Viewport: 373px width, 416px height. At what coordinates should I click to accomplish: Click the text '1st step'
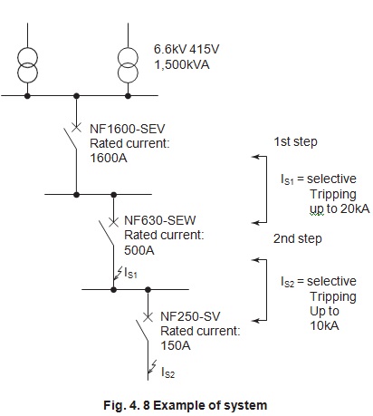[294, 141]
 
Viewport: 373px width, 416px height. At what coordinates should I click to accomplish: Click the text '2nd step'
[294, 239]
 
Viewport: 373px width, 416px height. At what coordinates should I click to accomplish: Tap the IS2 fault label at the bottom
[168, 372]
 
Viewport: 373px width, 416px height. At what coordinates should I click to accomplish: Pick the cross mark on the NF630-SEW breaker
[112, 220]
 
